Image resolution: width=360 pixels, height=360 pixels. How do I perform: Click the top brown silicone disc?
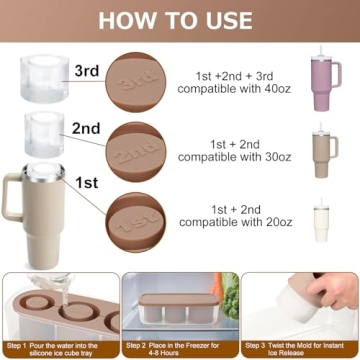click(139, 82)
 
